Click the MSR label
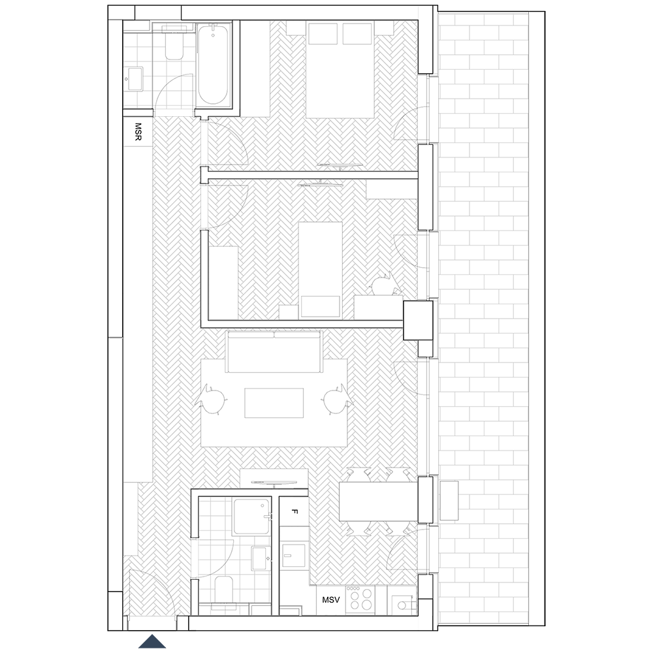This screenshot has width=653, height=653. pos(138,132)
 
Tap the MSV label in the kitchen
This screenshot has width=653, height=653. pos(330,600)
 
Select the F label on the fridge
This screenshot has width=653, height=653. pos(295,511)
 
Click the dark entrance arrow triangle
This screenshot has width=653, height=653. pos(152,641)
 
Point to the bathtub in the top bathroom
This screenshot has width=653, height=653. pos(213,65)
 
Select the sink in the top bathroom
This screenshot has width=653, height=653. pos(135,79)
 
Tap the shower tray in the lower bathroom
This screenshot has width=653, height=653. pos(251,517)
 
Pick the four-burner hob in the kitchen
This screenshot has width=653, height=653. pos(360,599)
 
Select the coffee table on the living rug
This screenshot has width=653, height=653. pos(274,403)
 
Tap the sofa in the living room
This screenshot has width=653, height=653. pos(274,352)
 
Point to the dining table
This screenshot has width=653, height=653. pos(378,502)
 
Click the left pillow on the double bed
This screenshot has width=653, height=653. pos(322,34)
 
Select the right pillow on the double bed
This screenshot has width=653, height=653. pos(357,34)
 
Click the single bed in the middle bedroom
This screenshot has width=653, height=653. pos(321,270)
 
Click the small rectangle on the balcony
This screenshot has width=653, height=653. pos(449,501)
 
